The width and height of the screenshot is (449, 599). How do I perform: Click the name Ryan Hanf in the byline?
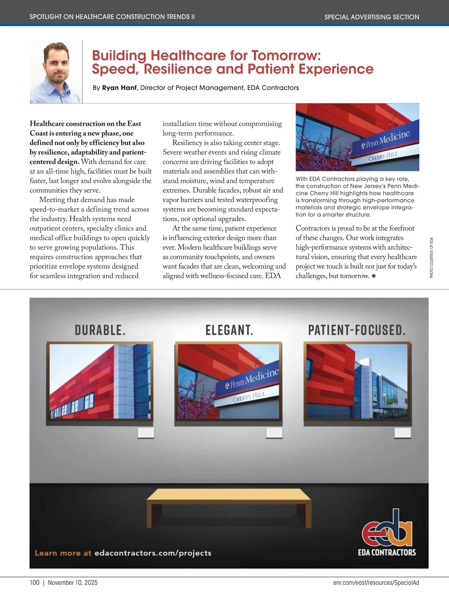(119, 88)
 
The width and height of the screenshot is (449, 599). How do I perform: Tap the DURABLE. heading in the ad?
(100, 330)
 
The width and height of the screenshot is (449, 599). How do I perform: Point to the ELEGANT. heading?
(229, 330)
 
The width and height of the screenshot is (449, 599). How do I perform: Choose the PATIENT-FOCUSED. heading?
(357, 330)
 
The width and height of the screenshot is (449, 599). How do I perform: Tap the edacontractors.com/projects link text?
(153, 553)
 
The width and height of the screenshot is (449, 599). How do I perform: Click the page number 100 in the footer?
(34, 583)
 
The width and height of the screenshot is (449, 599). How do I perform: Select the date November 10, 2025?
(73, 583)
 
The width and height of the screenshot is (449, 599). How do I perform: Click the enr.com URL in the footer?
(376, 583)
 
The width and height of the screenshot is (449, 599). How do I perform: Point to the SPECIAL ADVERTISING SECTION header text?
(372, 17)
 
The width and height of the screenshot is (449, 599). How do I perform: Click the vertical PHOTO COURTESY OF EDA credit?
(431, 258)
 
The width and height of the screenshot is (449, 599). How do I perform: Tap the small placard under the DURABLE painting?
(146, 433)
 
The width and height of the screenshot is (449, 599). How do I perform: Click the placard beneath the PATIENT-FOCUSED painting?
(403, 433)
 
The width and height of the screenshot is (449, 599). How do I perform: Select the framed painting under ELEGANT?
(228, 381)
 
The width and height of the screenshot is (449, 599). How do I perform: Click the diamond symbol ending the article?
(373, 276)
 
